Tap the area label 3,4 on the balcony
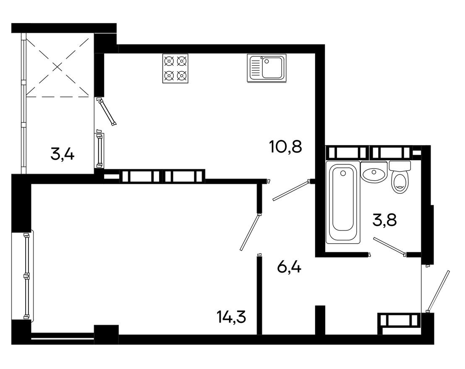(x=63, y=154)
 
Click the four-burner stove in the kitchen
(x=175, y=68)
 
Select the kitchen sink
(x=266, y=68)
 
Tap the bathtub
(x=343, y=203)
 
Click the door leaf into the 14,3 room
(x=250, y=233)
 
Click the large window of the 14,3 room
(x=27, y=275)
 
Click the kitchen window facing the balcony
(x=99, y=150)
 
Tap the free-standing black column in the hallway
(x=320, y=320)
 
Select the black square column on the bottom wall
(x=106, y=334)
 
